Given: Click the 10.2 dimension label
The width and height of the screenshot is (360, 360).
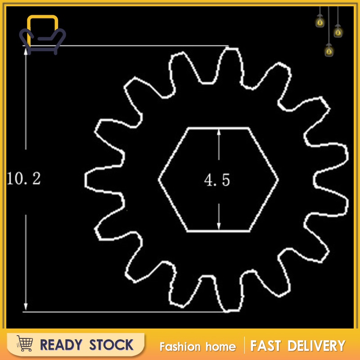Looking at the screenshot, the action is coord(24,178).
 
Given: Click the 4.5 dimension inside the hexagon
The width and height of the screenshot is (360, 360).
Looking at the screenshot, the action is coord(217,180).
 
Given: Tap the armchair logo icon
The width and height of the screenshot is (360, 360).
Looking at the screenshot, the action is coord(42,35).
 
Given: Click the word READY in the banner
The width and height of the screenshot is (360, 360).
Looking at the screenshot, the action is coord(61,345).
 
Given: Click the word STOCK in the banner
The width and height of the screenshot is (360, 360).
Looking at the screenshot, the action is coord(111,345).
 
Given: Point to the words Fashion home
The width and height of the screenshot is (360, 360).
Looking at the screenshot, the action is coord(198,346).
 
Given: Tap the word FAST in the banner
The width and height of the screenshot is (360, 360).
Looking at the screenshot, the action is coord(265,346).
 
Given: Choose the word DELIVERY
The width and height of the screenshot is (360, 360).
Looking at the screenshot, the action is coord(317,346).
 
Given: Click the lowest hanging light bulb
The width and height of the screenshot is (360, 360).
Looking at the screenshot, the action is coord(329,50).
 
